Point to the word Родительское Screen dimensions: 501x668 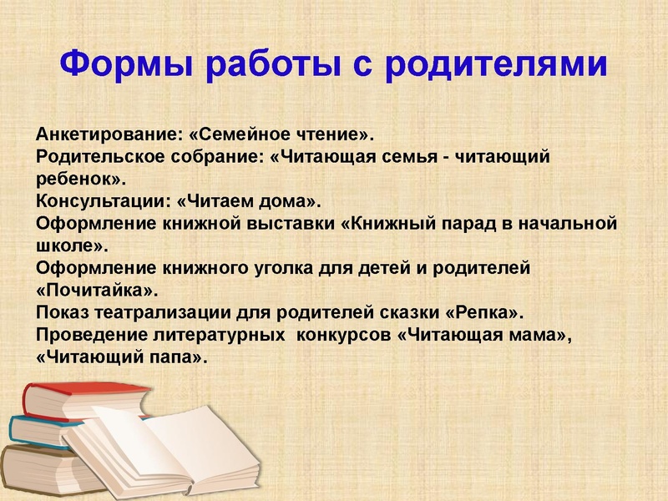(x=90, y=157)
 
